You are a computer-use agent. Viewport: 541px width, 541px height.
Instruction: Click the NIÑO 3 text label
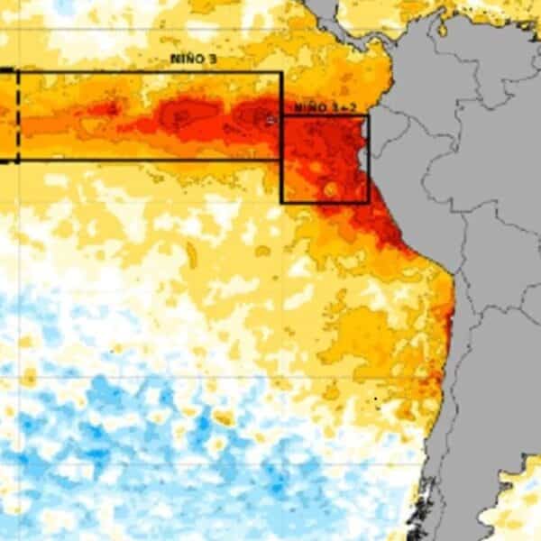(x=193, y=59)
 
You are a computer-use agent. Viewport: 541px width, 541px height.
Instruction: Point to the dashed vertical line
(x=17, y=117)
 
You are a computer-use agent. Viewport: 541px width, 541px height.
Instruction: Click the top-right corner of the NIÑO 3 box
(x=281, y=73)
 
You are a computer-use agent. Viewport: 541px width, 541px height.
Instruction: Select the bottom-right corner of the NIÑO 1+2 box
(x=368, y=202)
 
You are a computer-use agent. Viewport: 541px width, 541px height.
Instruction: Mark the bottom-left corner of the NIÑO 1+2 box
(x=282, y=202)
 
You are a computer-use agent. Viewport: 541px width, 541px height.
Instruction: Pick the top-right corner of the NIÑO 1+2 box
(x=368, y=115)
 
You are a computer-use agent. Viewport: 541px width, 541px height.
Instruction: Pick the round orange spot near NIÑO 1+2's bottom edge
(x=330, y=189)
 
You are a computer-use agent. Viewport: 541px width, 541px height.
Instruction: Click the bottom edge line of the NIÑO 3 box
(x=144, y=160)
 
